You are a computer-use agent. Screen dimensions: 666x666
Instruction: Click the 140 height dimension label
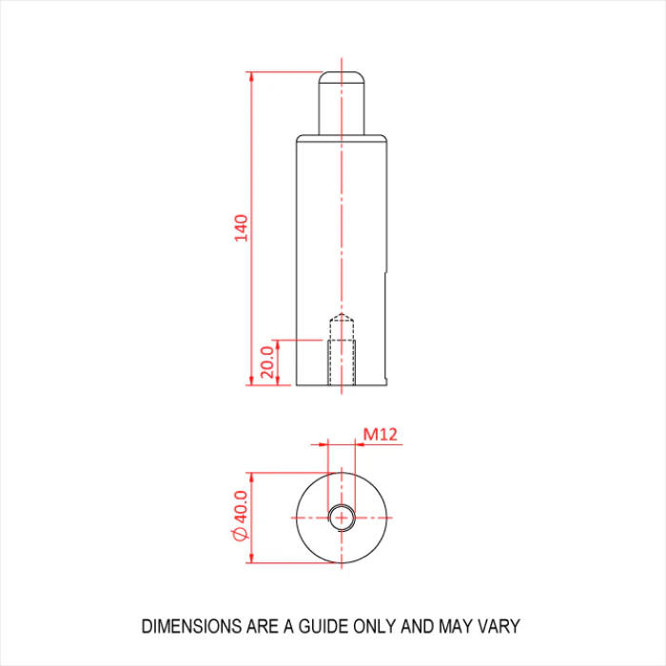coord(241,228)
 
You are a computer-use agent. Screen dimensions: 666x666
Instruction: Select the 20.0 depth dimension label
coord(267,362)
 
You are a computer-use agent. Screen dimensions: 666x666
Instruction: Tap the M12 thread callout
coord(381,434)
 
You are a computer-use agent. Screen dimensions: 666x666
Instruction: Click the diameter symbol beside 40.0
coord(241,535)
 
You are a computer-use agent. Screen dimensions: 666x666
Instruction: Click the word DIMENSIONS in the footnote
coord(191,626)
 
